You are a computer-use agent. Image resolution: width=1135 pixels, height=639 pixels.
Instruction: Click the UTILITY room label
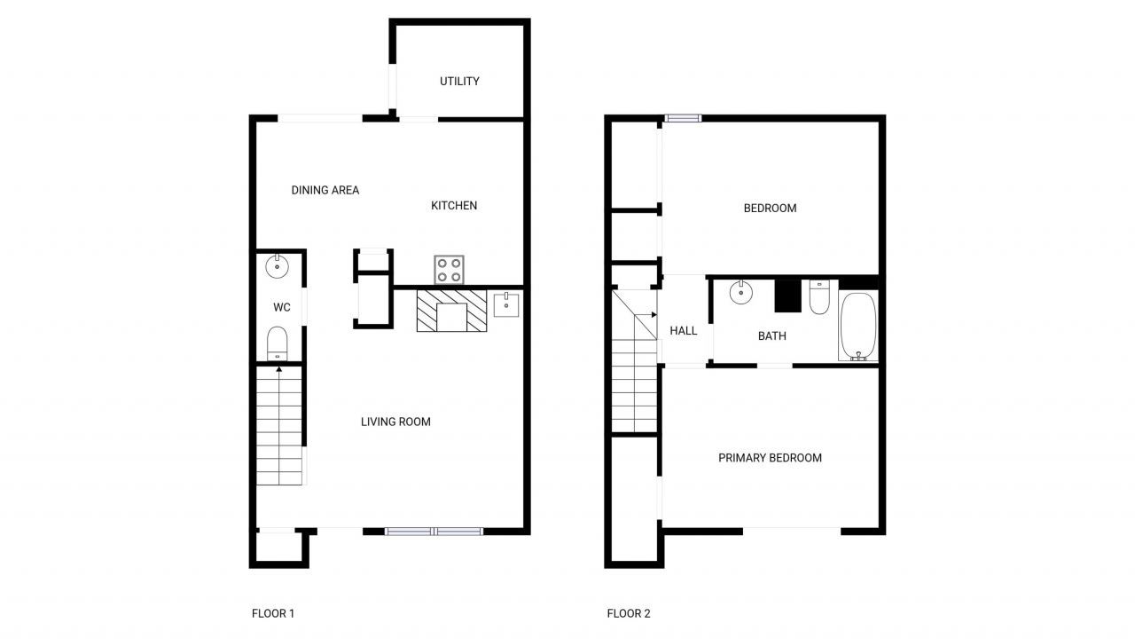(x=459, y=82)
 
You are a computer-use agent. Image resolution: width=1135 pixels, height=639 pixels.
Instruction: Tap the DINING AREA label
(x=325, y=190)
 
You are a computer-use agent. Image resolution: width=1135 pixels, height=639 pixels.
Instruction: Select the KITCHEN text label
(x=454, y=206)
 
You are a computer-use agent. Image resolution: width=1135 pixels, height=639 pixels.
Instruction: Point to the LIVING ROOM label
(x=395, y=422)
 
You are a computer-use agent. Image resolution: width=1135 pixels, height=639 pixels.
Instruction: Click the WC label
(x=282, y=308)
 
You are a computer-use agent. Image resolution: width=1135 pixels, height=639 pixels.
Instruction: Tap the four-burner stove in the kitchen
(x=450, y=269)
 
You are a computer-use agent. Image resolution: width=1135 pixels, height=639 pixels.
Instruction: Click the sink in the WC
(x=278, y=264)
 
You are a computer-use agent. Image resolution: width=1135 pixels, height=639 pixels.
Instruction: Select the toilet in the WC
(x=278, y=343)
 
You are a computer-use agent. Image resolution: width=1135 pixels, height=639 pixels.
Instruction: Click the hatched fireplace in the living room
(x=452, y=311)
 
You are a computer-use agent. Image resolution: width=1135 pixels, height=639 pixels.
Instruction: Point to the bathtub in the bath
(x=857, y=327)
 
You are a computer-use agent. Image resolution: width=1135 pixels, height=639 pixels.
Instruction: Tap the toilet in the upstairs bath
(x=818, y=297)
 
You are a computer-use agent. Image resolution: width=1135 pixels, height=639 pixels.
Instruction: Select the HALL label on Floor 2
(x=684, y=331)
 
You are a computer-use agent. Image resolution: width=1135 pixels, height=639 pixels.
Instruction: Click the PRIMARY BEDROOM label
(x=770, y=458)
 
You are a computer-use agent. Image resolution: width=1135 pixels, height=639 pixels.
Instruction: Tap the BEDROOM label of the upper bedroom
(x=770, y=209)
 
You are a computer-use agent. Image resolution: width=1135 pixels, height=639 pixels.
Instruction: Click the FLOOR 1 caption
(x=273, y=613)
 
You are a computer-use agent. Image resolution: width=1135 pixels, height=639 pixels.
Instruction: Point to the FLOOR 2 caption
(x=629, y=613)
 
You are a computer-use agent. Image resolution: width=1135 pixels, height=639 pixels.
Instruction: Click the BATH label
(x=771, y=336)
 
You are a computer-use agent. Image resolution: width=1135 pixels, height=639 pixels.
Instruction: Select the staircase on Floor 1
(x=279, y=426)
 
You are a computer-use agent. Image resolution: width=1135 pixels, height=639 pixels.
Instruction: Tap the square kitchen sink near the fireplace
(x=506, y=304)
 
